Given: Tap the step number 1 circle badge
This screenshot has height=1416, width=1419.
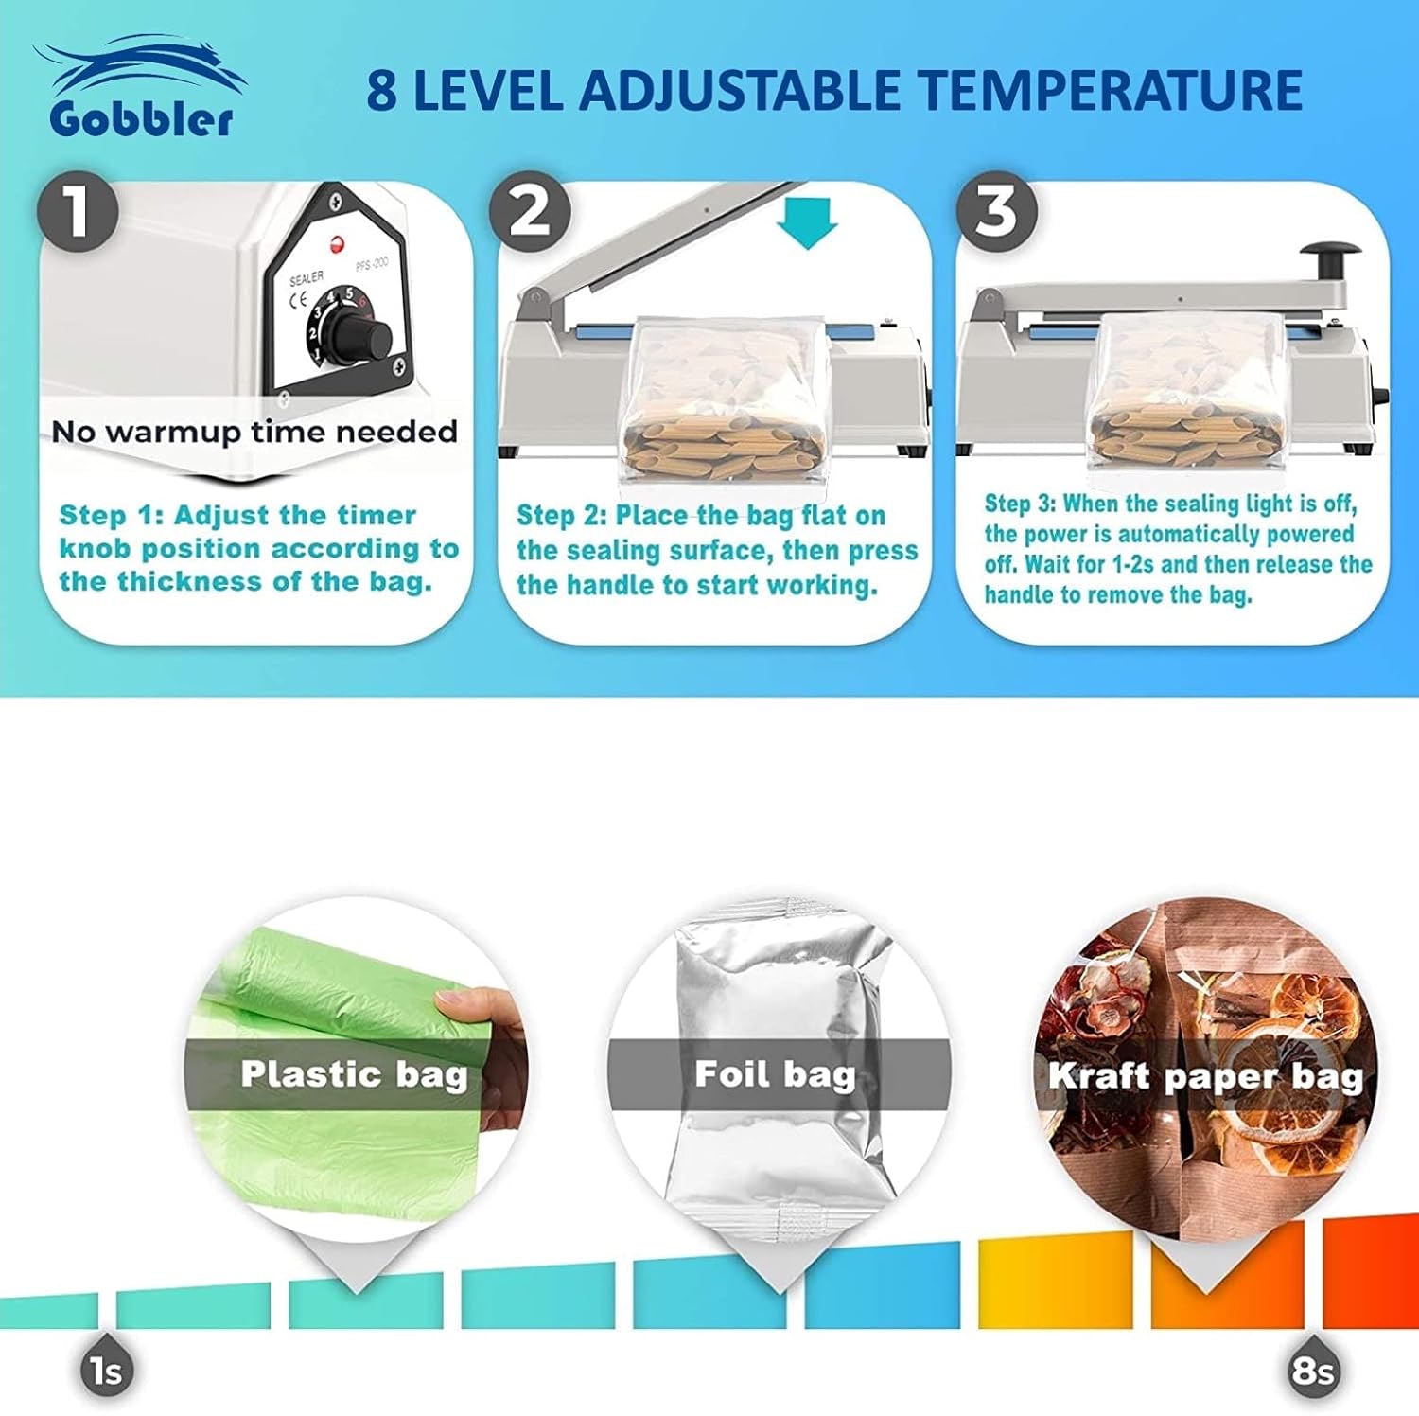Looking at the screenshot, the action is tap(78, 210).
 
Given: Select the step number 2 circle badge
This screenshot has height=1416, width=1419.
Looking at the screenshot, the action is tap(530, 210).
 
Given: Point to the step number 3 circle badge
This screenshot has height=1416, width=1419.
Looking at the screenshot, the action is tap(996, 210).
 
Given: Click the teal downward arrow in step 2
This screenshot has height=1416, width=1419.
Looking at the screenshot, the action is tap(807, 223).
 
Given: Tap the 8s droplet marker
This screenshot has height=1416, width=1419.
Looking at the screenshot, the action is tap(1313, 1368).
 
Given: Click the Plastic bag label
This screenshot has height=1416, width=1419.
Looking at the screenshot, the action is tap(354, 1074).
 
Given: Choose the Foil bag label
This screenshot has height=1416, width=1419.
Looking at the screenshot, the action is tap(775, 1074).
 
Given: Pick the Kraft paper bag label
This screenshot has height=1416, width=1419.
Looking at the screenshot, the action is tap(1206, 1076).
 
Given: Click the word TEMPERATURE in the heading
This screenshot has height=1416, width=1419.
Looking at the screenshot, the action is tap(1112, 90).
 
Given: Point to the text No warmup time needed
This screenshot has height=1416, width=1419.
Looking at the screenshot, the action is tap(254, 432).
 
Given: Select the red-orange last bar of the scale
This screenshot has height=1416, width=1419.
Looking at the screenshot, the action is tap(1371, 1271).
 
